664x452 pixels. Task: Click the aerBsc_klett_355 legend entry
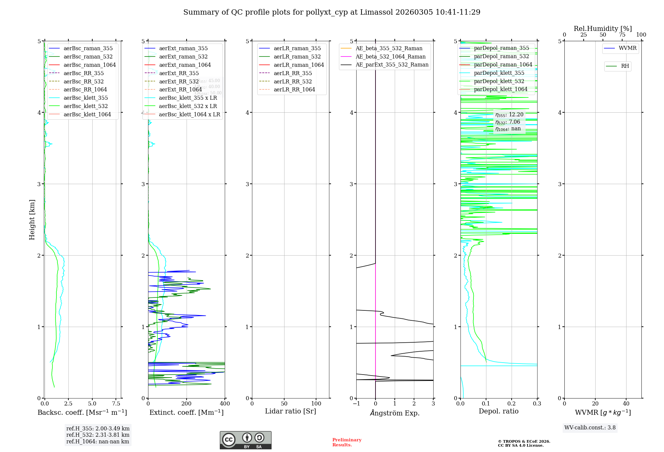coord(85,98)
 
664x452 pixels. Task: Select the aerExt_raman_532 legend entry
coord(183,56)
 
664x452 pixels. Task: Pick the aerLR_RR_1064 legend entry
coord(294,89)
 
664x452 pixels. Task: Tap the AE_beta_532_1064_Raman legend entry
coord(390,56)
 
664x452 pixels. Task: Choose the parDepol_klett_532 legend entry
coord(499,81)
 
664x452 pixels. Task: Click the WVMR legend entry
coord(627,48)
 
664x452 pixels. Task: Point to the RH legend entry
coord(625,66)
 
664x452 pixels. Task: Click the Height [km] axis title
coord(32,219)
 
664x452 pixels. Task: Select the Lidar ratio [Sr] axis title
coord(290,411)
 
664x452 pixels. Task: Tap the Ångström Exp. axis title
coord(395,413)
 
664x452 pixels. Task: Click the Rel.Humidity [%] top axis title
coord(603,29)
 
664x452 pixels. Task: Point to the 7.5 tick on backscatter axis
coord(116,403)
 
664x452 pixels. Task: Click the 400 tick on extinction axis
coord(225,403)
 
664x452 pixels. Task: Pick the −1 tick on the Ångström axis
coord(356,403)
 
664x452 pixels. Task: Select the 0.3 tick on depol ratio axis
coord(537,403)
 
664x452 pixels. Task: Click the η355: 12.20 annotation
coord(509,115)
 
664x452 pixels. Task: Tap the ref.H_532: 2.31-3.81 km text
coord(98,435)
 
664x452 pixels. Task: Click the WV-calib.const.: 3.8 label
coord(590,427)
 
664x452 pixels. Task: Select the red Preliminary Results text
coord(347,442)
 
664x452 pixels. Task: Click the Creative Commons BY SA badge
coord(245,440)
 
